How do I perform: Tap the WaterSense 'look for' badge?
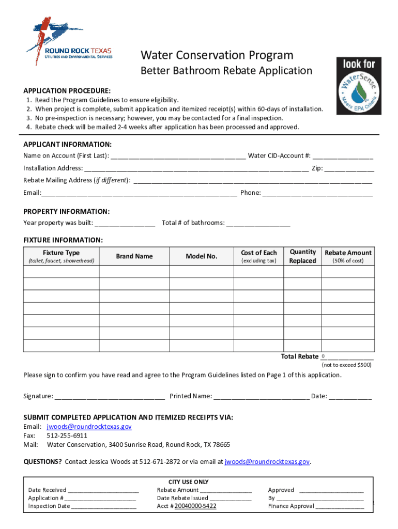point(359,85)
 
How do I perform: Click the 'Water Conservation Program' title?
point(217,55)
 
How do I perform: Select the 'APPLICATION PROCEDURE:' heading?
point(67,90)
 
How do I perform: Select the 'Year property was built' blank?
point(125,223)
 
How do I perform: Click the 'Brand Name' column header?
point(134,256)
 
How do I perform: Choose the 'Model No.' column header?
point(202,256)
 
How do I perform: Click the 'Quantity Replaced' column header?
point(302,256)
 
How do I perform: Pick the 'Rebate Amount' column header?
point(348,253)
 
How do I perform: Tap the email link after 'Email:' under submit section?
point(89,427)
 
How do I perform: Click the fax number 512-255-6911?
point(67,435)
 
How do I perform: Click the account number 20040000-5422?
point(195,506)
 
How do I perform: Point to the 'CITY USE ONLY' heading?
point(189,482)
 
